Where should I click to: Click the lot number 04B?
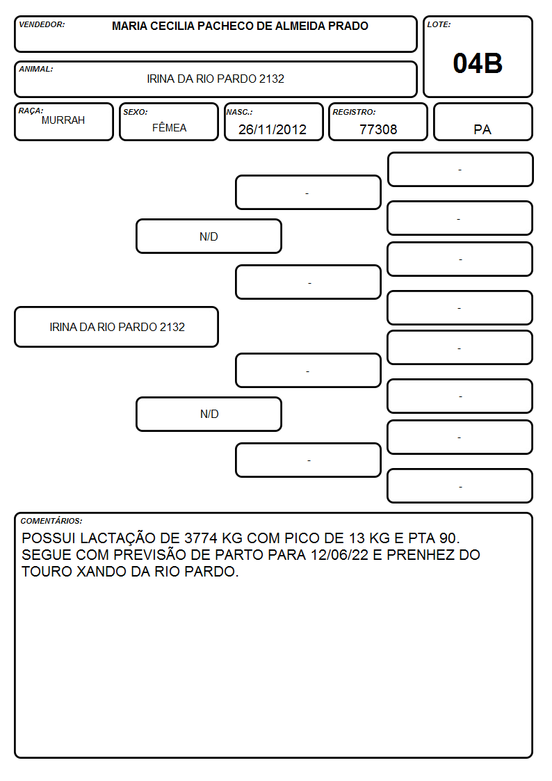pyautogui.click(x=478, y=63)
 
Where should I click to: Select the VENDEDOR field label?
pyautogui.click(x=42, y=24)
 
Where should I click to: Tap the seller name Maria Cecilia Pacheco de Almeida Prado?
pyautogui.click(x=240, y=26)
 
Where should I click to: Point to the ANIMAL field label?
pyautogui.click(x=36, y=70)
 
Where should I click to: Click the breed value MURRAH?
pyautogui.click(x=63, y=120)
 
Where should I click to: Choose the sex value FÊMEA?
pyautogui.click(x=169, y=127)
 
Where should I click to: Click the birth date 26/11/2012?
pyautogui.click(x=273, y=129)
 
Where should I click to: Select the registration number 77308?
pyautogui.click(x=378, y=129)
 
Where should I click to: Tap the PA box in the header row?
pyautogui.click(x=482, y=122)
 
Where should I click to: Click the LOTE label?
pyautogui.click(x=439, y=24)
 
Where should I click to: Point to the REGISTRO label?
pyautogui.click(x=354, y=112)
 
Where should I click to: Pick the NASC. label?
pyautogui.click(x=239, y=112)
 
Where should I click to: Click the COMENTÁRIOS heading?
pyautogui.click(x=51, y=521)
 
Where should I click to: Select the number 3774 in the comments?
pyautogui.click(x=201, y=538)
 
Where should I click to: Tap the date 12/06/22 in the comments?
pyautogui.click(x=339, y=555)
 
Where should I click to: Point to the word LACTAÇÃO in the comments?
pyautogui.click(x=117, y=539)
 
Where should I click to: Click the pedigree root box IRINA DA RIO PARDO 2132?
pyautogui.click(x=117, y=327)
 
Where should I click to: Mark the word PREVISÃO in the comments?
pyautogui.click(x=148, y=555)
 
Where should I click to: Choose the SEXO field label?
pyautogui.click(x=136, y=112)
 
